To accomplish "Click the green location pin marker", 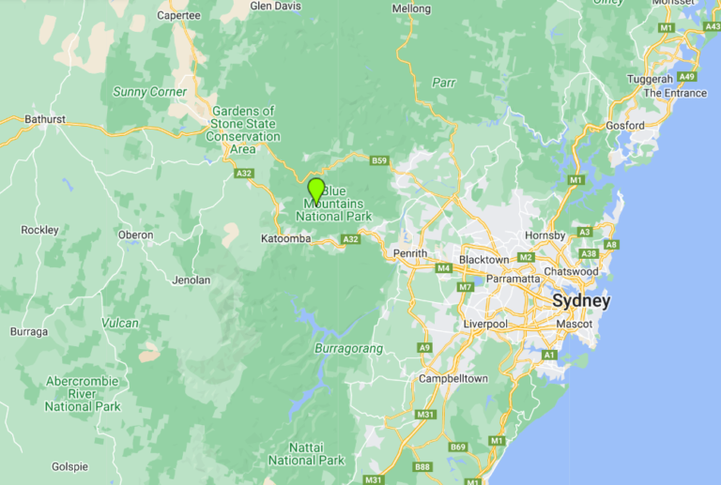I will click(x=315, y=190).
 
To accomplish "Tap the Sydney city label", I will click(x=581, y=301).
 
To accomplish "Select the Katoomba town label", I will click(x=285, y=239).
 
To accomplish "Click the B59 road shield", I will click(x=379, y=161).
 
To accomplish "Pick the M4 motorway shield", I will click(x=444, y=268).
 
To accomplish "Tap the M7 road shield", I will click(x=466, y=286).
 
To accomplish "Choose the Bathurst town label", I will click(x=45, y=119).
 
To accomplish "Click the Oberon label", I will click(x=136, y=235).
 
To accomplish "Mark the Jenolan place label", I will click(x=192, y=280).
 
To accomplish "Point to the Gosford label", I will click(x=625, y=125).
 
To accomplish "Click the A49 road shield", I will click(x=688, y=77).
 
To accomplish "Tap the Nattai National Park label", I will click(x=306, y=454).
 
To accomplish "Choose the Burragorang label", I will click(x=347, y=349).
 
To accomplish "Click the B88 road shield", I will click(x=422, y=466).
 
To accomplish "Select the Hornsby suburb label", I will click(x=545, y=235).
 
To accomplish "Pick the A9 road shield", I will click(x=424, y=347).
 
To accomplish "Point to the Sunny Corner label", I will click(x=149, y=92).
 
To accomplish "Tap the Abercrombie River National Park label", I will click(x=83, y=394).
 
